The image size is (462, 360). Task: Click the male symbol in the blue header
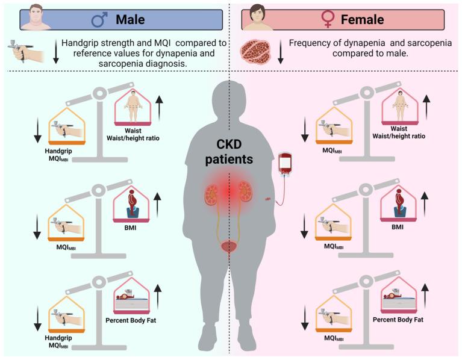pyautogui.click(x=98, y=19)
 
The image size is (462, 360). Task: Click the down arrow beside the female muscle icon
pyautogui.click(x=279, y=53)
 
